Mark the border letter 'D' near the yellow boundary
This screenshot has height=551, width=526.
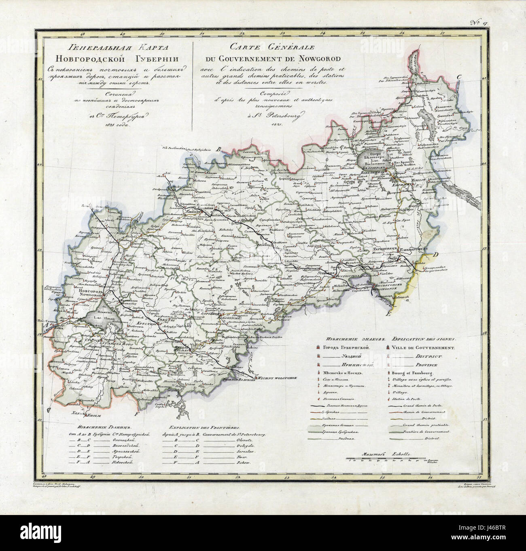click(x=436, y=255)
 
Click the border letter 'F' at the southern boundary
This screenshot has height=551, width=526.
click(x=136, y=414)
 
